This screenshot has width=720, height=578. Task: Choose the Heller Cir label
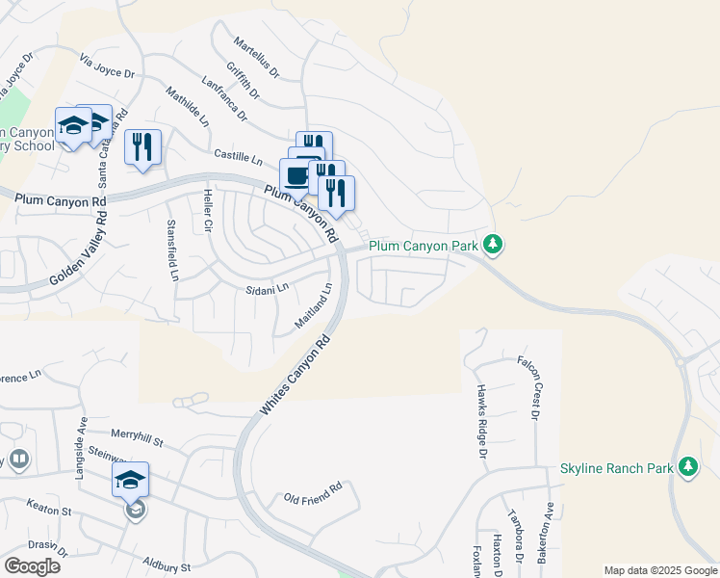coord(207,210)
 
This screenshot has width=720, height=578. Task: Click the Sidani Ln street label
coord(268,288)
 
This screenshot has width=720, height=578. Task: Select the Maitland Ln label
coord(314,303)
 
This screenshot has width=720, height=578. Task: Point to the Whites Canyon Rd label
coord(295,376)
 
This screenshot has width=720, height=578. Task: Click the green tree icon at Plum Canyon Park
coord(493,245)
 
